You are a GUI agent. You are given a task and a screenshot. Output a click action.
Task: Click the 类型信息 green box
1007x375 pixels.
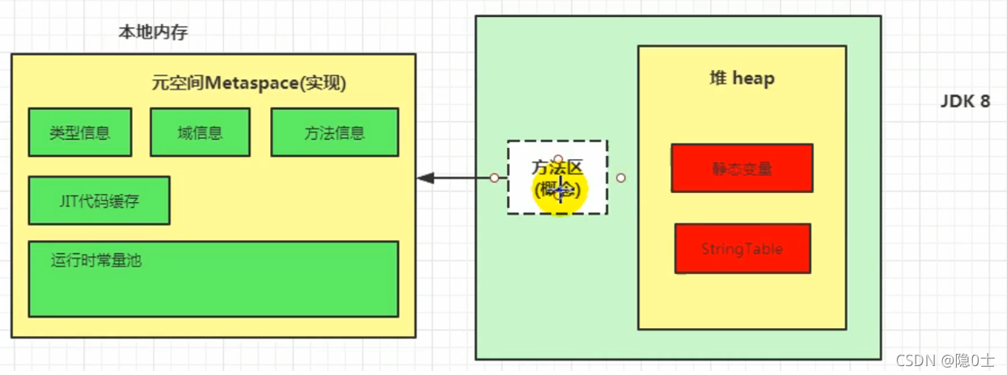click(79, 133)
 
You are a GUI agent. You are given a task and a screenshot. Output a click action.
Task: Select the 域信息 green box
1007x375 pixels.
click(200, 133)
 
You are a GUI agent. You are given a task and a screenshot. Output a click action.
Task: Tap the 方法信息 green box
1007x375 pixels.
click(334, 133)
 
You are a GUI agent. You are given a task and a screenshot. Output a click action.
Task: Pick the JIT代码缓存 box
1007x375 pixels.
click(99, 200)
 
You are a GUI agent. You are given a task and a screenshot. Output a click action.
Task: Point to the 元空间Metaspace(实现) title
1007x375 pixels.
click(249, 82)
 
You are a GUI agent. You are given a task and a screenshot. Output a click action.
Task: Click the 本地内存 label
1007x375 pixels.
click(153, 33)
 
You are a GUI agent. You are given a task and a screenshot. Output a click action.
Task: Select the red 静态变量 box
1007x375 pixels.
click(742, 168)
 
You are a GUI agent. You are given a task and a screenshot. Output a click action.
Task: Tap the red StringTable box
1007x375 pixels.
click(742, 249)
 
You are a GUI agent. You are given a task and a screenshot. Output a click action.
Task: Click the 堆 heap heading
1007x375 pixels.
click(742, 78)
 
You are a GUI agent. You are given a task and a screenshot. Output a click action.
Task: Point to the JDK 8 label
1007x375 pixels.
click(965, 102)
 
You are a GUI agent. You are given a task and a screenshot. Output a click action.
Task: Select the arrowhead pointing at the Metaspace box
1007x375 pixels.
click(423, 178)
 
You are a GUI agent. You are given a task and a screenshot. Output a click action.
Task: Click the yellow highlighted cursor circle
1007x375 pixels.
click(559, 191)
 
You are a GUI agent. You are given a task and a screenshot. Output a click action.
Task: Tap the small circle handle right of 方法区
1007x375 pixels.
click(620, 178)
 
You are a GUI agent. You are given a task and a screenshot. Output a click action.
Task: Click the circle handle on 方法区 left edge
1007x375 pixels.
click(494, 178)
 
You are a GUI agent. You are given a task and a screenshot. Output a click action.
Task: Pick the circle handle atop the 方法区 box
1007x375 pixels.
click(557, 159)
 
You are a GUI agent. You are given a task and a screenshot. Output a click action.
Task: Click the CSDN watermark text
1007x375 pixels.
click(940, 360)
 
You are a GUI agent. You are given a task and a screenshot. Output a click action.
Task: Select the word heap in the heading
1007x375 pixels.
click(754, 78)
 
